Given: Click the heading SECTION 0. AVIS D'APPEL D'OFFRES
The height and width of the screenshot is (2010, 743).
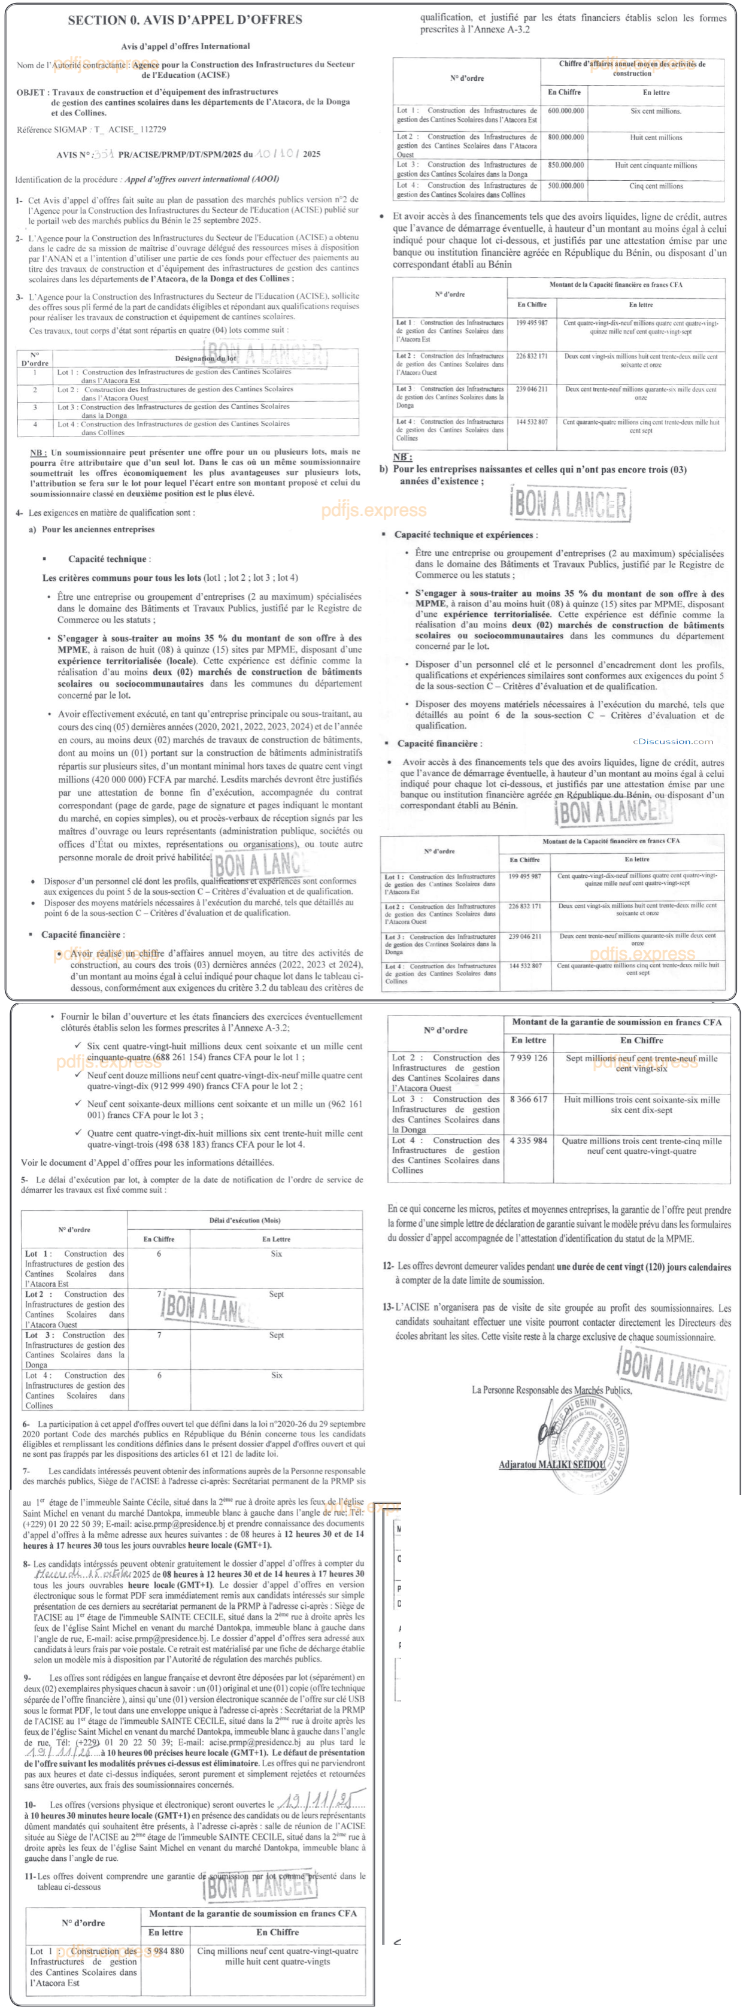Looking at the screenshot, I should [x=185, y=20].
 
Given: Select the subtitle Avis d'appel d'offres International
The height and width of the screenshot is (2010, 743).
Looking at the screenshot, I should [x=185, y=47].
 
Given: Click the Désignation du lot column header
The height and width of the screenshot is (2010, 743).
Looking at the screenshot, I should [x=206, y=358].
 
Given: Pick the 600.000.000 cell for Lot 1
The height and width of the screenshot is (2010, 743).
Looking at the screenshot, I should [x=565, y=111].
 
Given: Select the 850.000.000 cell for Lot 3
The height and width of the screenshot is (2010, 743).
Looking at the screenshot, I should [x=565, y=165].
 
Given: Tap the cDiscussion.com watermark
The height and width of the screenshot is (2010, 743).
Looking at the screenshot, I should [x=673, y=741].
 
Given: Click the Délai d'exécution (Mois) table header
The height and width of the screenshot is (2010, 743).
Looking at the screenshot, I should [x=244, y=1220].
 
